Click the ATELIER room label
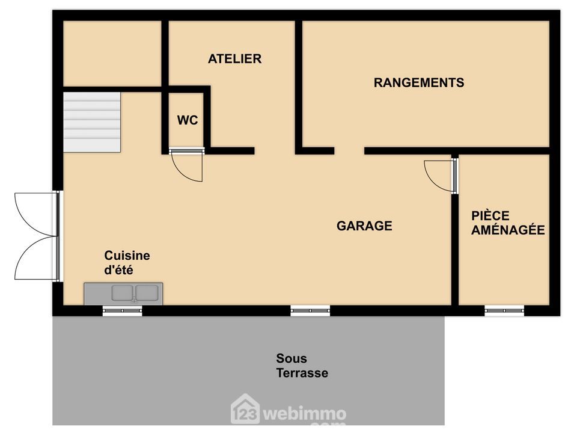tap(235, 58)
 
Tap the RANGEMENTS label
tap(419, 82)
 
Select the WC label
tap(188, 120)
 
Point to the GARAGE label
tap(364, 226)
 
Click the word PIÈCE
tap(490, 215)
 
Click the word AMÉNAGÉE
tap(508, 230)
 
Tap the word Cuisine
tap(127, 255)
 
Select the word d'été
tap(118, 270)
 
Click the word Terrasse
tap(302, 373)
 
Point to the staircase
tap(92, 122)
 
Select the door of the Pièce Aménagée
tap(440, 176)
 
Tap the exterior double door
tap(37, 236)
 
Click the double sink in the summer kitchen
tap(135, 293)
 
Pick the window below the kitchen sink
tap(122, 311)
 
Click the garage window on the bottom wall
tap(310, 311)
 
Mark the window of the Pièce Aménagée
tap(504, 311)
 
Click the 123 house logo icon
tap(245, 410)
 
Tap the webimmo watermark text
tap(305, 414)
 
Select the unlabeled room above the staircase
tap(112, 54)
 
